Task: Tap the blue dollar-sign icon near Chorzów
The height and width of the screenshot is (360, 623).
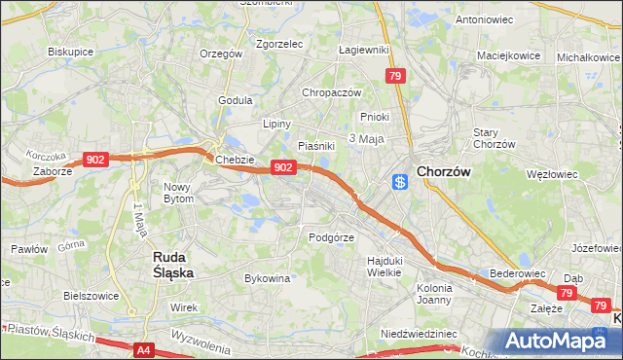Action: tap(399, 182)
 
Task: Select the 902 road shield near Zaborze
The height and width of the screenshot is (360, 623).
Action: tap(95, 159)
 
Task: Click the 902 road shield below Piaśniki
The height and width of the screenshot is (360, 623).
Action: tap(282, 167)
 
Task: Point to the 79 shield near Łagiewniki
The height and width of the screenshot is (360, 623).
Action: tap(394, 76)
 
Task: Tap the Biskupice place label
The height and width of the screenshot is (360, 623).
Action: tap(69, 53)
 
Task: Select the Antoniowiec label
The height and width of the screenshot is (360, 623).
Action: tap(484, 19)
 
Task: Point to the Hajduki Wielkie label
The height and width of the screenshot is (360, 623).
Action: tap(384, 266)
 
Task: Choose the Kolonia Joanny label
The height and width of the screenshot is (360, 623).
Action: tap(434, 295)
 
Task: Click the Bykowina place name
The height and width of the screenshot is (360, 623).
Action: tap(268, 278)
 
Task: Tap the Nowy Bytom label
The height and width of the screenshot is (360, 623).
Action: tap(179, 193)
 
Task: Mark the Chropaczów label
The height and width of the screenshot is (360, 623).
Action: tap(331, 92)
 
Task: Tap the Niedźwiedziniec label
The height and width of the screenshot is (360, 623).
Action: tap(419, 334)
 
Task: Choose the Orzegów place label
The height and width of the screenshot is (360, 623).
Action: tap(220, 54)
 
